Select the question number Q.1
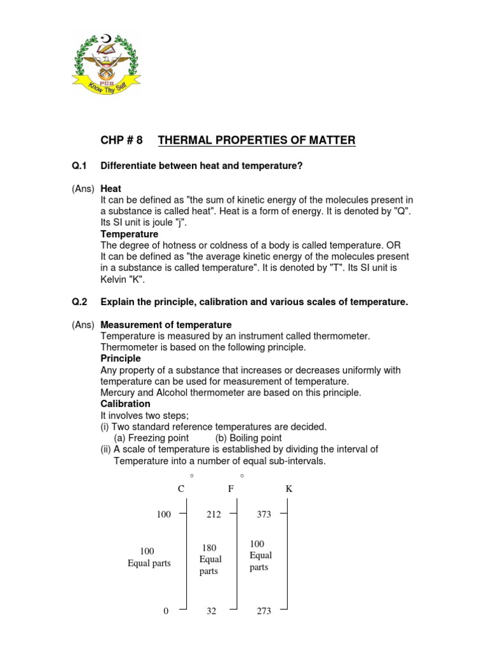[x=79, y=166]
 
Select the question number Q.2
[x=79, y=302]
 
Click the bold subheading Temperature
[x=130, y=234]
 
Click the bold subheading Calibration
[x=126, y=404]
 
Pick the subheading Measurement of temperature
[x=166, y=325]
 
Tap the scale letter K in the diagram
[x=289, y=489]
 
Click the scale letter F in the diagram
[x=231, y=489]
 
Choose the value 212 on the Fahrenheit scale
[x=213, y=514]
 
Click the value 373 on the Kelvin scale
[x=264, y=514]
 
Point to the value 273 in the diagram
[x=264, y=611]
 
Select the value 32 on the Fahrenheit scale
[x=212, y=611]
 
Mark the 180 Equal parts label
[x=210, y=559]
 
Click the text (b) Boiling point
[x=248, y=438]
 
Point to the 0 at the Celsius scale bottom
[x=166, y=611]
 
